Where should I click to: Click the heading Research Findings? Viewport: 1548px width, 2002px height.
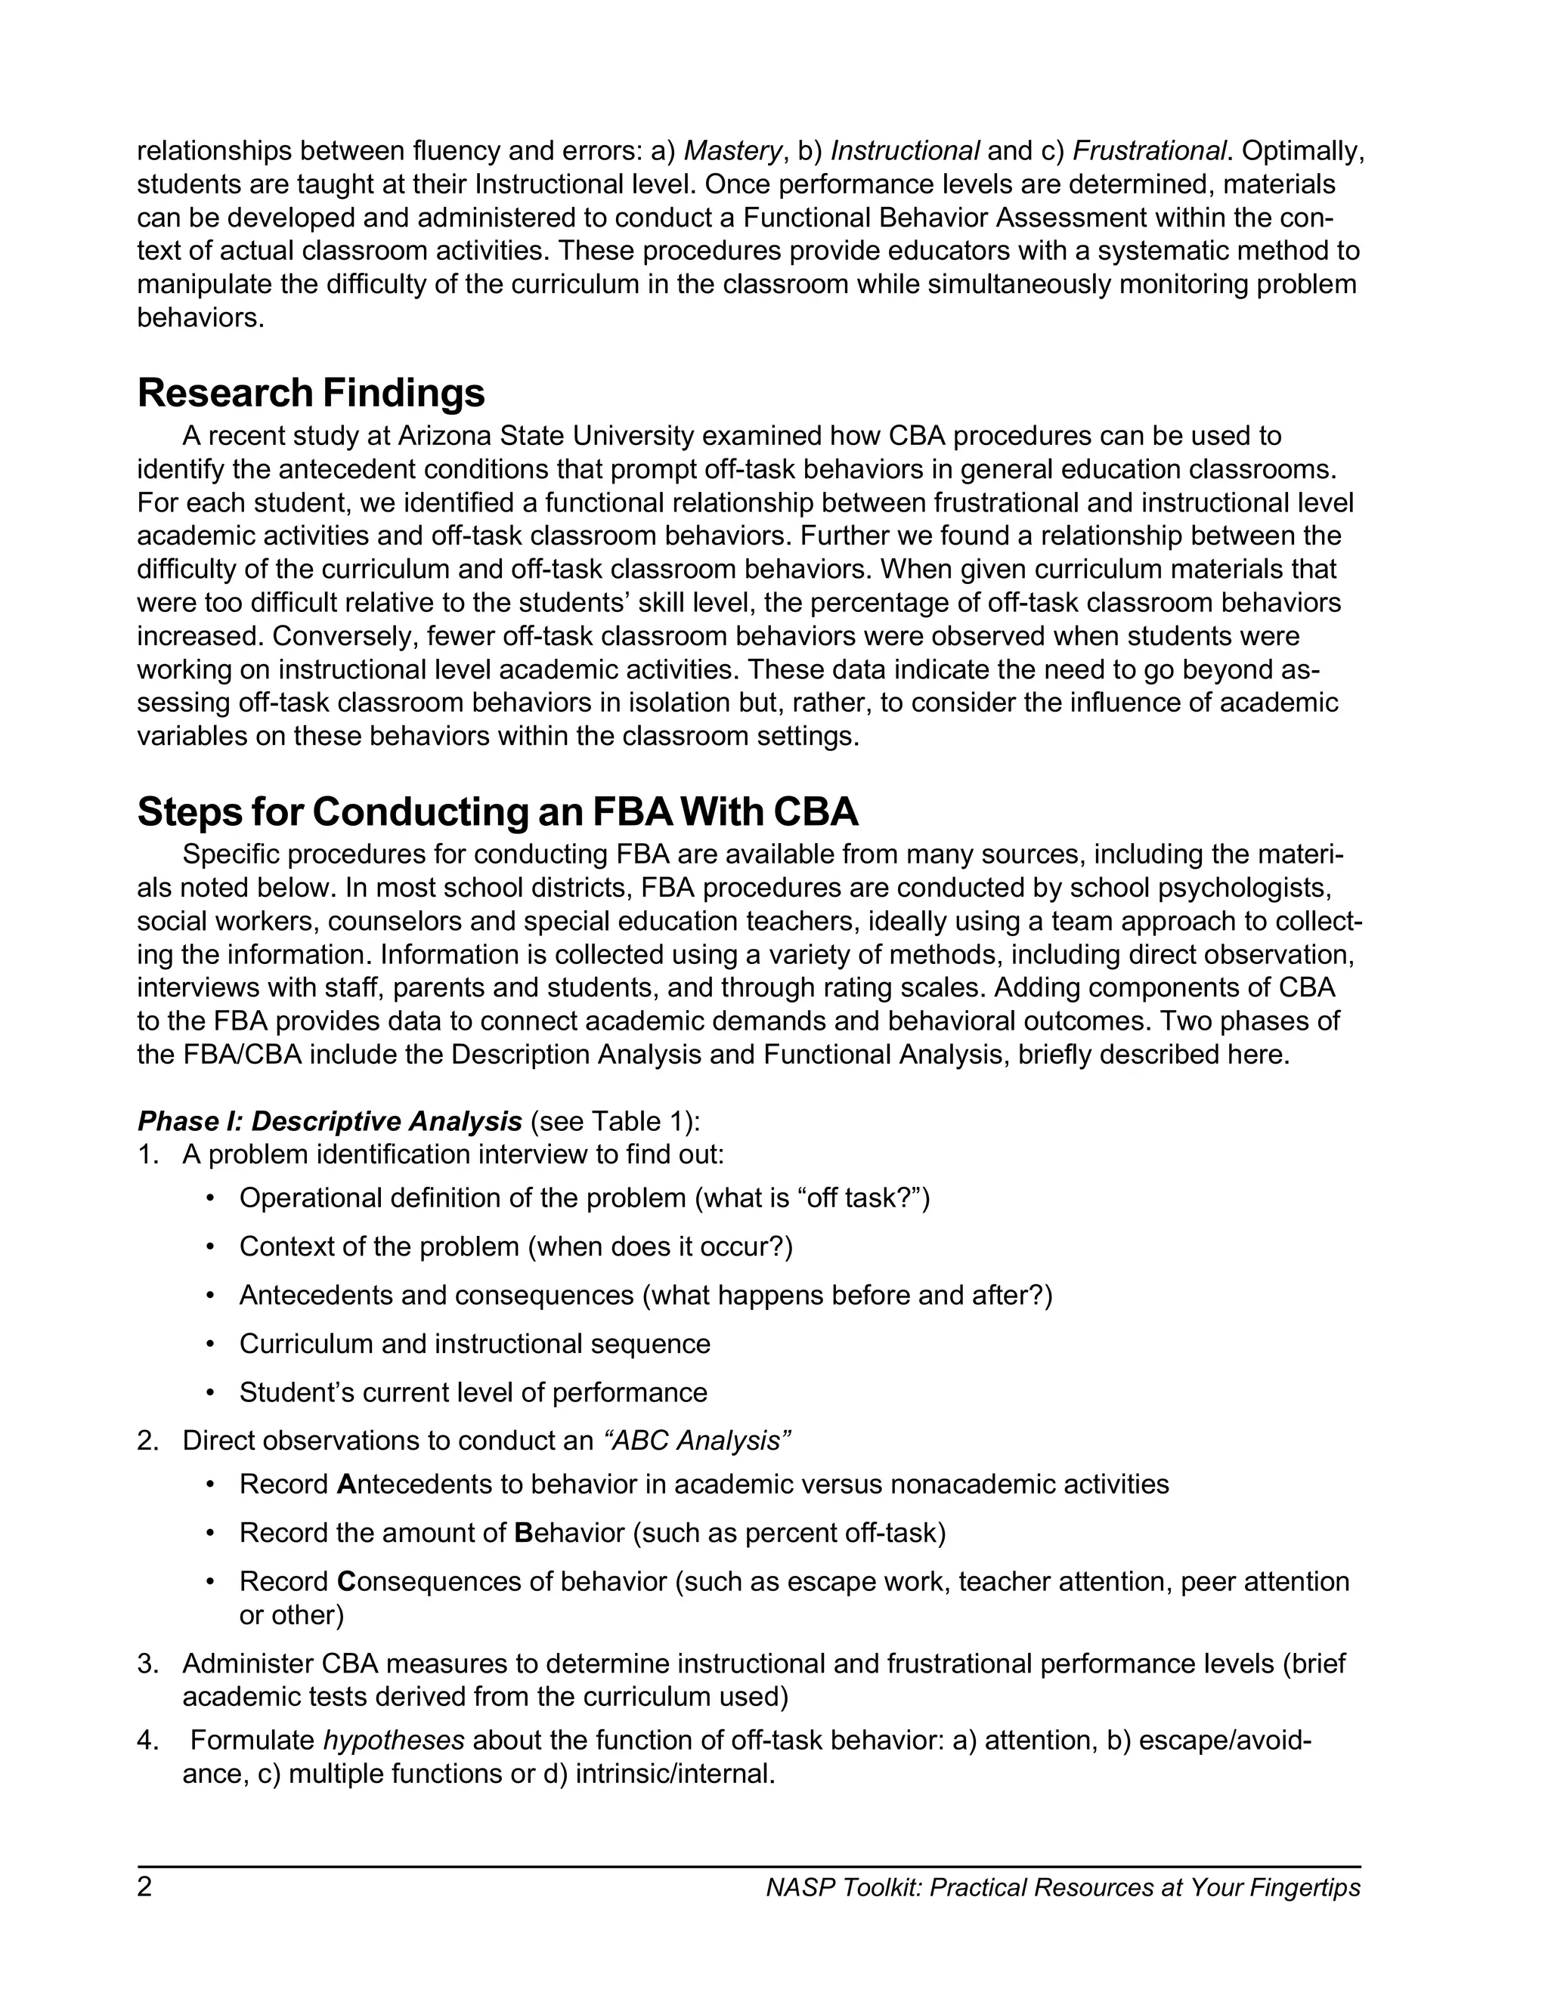coord(311,394)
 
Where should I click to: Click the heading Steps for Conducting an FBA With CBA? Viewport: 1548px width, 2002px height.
coord(497,812)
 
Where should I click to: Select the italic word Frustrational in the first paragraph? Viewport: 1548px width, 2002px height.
coord(1148,150)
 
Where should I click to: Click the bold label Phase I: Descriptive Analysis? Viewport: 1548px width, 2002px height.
coord(330,1121)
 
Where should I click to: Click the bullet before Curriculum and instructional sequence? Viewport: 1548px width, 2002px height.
coord(211,1344)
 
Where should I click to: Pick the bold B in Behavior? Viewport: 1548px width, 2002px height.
coord(524,1533)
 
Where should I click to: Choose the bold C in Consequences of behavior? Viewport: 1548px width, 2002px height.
coord(345,1581)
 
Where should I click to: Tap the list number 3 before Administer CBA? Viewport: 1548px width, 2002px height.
coord(147,1664)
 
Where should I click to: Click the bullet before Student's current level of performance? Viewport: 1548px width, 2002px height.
coord(211,1392)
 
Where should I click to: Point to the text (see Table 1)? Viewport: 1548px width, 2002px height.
coord(615,1121)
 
